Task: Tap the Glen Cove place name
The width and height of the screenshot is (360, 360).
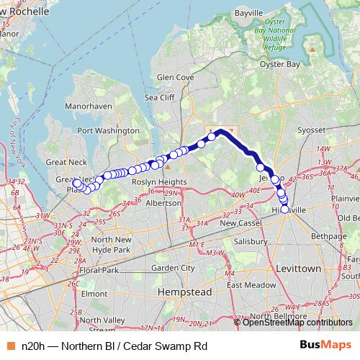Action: click(x=176, y=76)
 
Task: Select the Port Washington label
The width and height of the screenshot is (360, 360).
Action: click(x=108, y=131)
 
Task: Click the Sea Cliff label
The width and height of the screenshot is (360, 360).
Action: click(x=160, y=97)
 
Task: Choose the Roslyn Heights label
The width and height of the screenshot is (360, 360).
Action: click(x=159, y=183)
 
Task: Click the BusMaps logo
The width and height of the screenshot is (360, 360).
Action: click(x=326, y=346)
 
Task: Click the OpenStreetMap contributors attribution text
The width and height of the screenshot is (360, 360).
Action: click(x=297, y=322)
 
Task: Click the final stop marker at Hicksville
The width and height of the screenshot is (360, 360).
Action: click(x=285, y=210)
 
